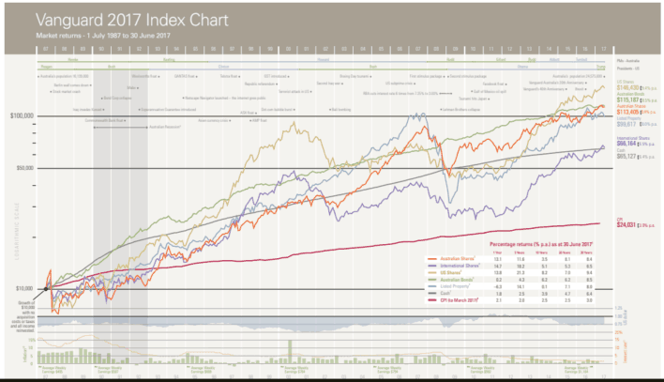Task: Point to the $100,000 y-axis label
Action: tap(22, 116)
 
